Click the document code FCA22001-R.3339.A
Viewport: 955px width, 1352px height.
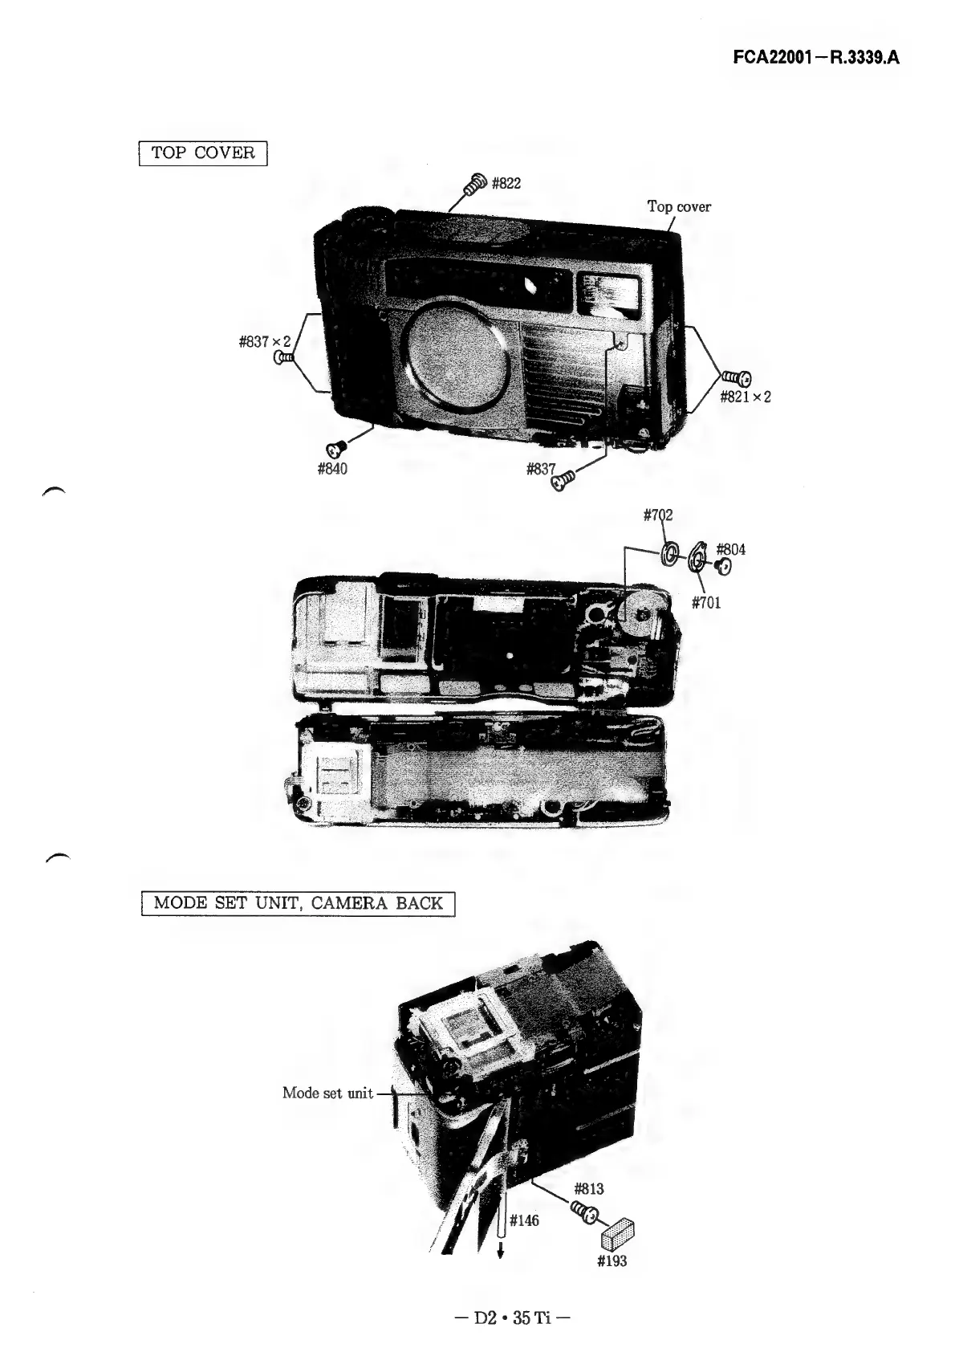[x=823, y=58]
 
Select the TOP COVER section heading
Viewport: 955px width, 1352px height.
[x=203, y=153]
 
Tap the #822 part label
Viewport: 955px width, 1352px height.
[x=506, y=184]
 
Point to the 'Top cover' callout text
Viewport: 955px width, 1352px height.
[x=679, y=207]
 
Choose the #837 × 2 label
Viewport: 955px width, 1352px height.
[x=264, y=343]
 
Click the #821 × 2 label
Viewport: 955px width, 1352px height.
[x=745, y=397]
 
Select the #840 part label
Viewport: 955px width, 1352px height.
[x=332, y=469]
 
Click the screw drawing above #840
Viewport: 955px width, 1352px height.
[x=335, y=447]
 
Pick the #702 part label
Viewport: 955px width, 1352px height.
[x=658, y=514]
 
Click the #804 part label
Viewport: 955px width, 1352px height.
[x=730, y=550]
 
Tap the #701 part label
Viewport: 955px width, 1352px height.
[x=706, y=602]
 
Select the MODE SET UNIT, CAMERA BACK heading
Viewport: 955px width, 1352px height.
[x=298, y=902]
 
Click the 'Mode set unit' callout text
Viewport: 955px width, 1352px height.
[x=327, y=1093]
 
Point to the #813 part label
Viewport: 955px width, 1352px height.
[x=590, y=1189]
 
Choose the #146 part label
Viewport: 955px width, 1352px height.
[x=525, y=1221]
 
